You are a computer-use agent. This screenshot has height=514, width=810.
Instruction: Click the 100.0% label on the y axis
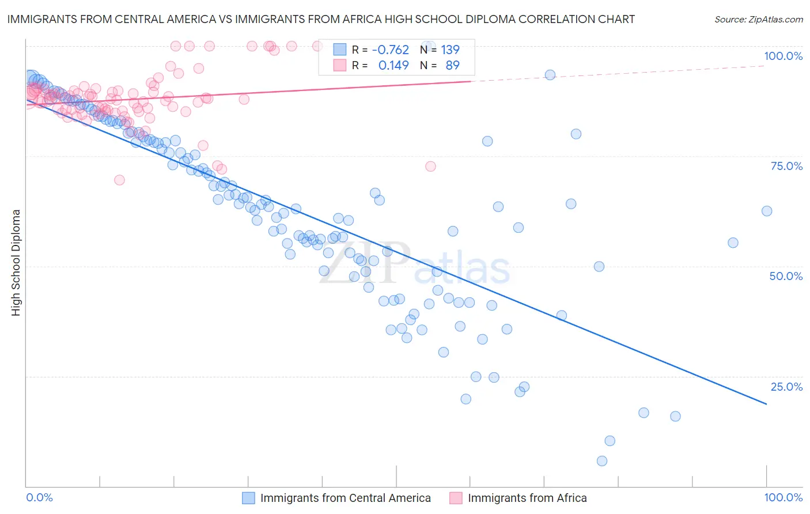coord(783,56)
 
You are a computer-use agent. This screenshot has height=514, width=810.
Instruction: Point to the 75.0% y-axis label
coord(786,166)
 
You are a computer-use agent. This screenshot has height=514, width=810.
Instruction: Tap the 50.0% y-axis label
coord(786,276)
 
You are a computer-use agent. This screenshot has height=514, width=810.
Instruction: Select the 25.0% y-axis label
coord(786,387)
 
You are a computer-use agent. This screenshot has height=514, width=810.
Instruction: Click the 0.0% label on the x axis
coord(39,497)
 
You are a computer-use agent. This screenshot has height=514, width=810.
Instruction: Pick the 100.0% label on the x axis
coord(783,497)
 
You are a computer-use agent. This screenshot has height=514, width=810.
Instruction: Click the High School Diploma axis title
coord(16,262)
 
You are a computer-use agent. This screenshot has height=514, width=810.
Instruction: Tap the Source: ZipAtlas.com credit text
coord(758,19)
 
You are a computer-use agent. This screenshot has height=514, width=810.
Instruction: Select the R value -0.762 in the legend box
coord(390,50)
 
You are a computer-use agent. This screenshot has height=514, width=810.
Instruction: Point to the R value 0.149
coord(393,65)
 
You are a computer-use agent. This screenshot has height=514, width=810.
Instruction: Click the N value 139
coord(450,50)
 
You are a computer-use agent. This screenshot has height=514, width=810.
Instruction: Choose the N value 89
coord(452,65)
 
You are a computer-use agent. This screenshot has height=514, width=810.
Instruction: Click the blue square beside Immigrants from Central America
coord(248,498)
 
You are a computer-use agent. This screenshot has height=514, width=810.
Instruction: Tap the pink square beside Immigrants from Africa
coord(456,498)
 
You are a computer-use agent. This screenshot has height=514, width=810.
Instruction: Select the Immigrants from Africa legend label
coord(527,498)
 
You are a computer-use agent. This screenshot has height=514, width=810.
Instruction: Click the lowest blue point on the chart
coord(602,461)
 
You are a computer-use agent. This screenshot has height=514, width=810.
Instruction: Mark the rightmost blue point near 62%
coord(767,211)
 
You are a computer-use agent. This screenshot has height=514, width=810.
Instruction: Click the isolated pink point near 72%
coord(430,167)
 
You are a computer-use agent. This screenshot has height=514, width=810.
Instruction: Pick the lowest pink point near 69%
coord(119,180)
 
